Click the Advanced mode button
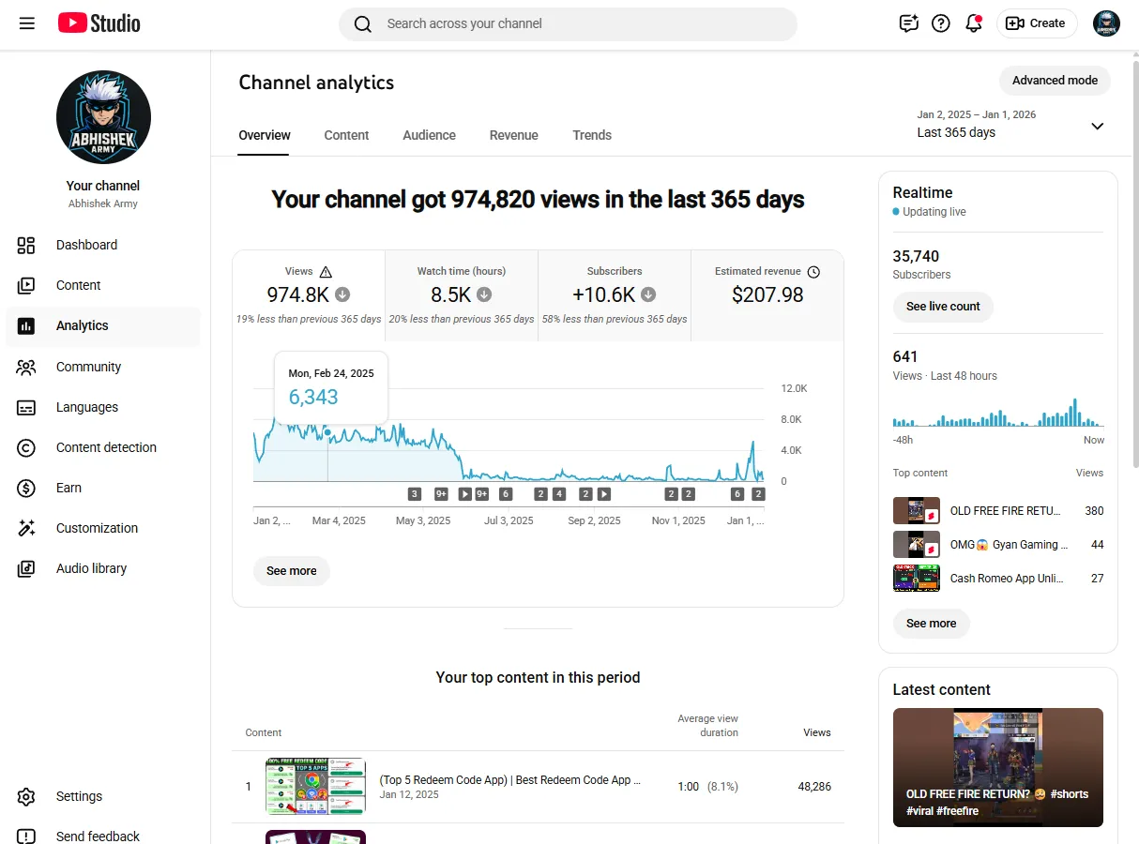coord(1055,81)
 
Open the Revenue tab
coord(513,135)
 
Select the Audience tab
coord(429,135)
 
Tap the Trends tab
coord(592,135)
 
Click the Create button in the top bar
coord(1037,23)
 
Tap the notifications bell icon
coord(974,23)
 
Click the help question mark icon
coord(940,23)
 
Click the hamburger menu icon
coord(26,23)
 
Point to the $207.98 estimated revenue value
coord(767,294)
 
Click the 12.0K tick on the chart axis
coord(794,388)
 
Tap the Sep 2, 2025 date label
coord(594,520)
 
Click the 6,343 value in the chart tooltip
coord(313,397)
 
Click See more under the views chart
coord(291,571)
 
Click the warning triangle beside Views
coord(326,272)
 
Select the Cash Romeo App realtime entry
coord(997,578)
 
